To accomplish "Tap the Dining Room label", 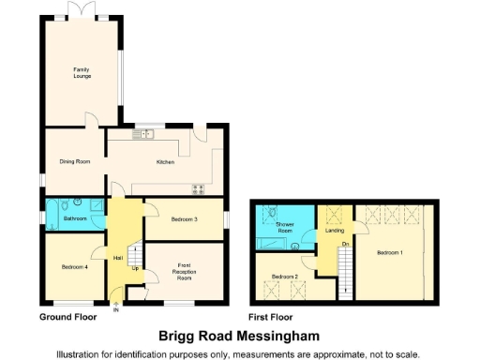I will [75, 161].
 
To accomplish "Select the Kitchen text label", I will [165, 161].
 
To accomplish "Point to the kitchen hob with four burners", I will [199, 189].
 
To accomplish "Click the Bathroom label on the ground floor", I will [75, 218].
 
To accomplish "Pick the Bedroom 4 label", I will [75, 267].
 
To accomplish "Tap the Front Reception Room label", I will [185, 272].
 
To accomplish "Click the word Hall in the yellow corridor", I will [119, 258].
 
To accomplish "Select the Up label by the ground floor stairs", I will [136, 269].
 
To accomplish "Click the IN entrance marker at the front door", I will [116, 310].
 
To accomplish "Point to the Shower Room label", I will [284, 227].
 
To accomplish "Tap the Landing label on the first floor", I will [333, 230].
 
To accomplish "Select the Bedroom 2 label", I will [284, 277].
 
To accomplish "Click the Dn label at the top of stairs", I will [345, 244].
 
